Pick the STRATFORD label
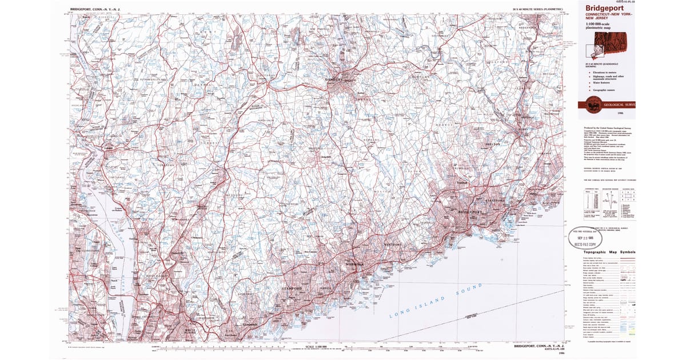(496, 201)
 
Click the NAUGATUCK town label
(527, 27)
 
